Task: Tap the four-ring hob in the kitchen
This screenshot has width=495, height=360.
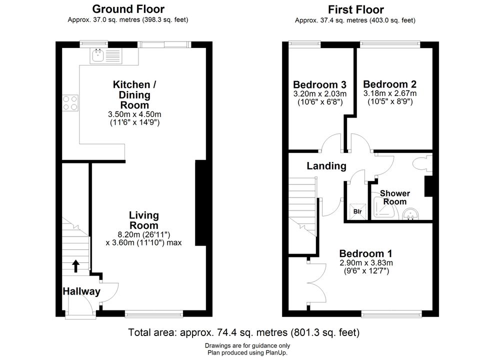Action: pyautogui.click(x=70, y=103)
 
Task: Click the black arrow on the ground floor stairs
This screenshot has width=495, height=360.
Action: pyautogui.click(x=76, y=266)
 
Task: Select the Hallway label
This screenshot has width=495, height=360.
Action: pyautogui.click(x=81, y=291)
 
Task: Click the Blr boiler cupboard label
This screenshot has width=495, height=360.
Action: pyautogui.click(x=357, y=211)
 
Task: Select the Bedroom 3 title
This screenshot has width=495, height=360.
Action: pyautogui.click(x=319, y=84)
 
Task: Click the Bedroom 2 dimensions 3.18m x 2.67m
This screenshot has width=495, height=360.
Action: pyautogui.click(x=390, y=93)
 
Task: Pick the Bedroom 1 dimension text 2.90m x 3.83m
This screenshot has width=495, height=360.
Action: pyautogui.click(x=366, y=262)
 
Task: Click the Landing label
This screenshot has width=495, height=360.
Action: pyautogui.click(x=326, y=166)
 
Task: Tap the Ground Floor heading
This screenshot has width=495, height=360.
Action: pyautogui.click(x=128, y=9)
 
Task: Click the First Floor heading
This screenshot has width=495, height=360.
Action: pyautogui.click(x=356, y=9)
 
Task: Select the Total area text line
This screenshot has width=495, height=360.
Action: pyautogui.click(x=243, y=332)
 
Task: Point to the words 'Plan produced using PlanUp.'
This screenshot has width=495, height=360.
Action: pyautogui.click(x=247, y=352)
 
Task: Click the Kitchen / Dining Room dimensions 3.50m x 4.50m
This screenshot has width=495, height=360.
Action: pyautogui.click(x=134, y=114)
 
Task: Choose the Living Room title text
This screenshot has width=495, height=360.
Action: pyautogui.click(x=143, y=220)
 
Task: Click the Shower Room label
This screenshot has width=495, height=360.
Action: pyautogui.click(x=395, y=197)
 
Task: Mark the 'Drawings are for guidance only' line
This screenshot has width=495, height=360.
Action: pyautogui.click(x=247, y=346)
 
